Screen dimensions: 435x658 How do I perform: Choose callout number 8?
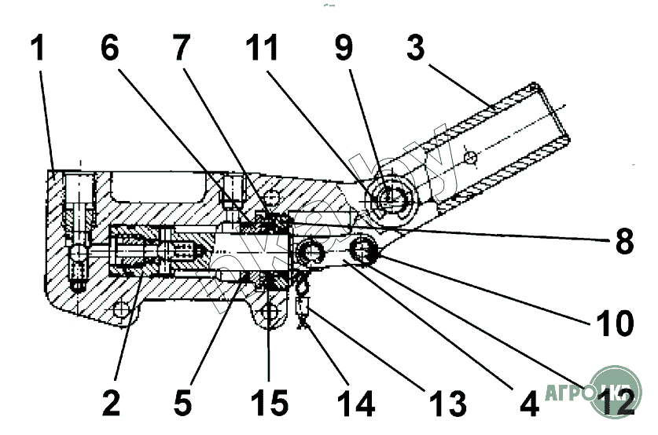pos(623,243)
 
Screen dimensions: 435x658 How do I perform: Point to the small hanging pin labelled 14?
pos(303,306)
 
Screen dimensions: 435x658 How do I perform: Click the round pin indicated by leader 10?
pos(363,251)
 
